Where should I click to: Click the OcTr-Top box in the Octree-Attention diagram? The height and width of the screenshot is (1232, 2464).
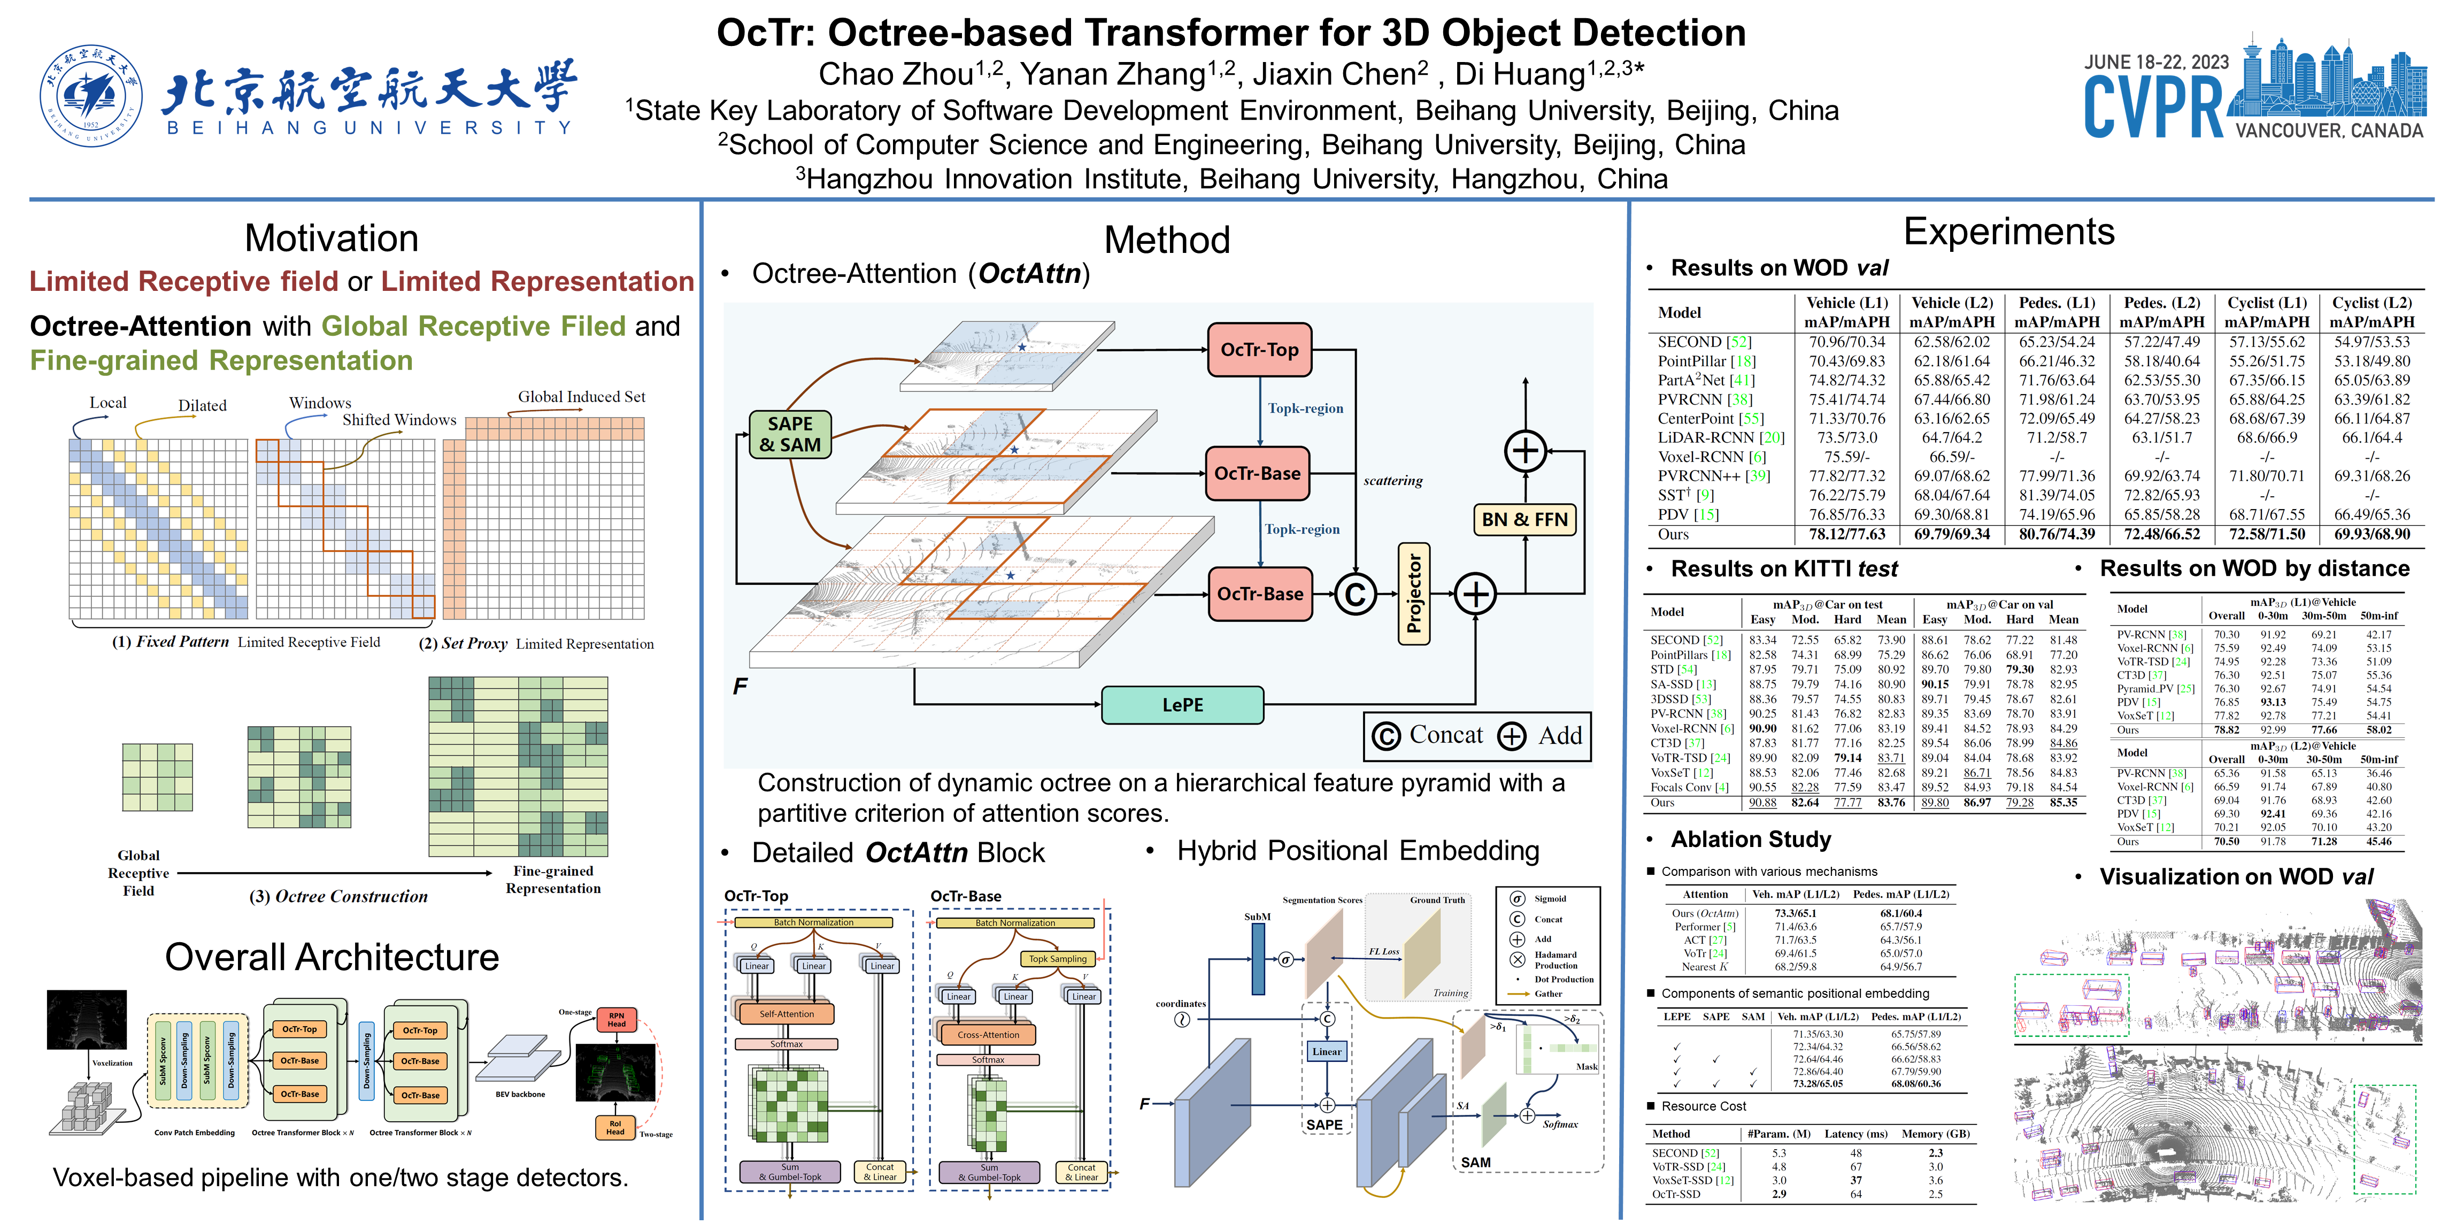click(1259, 350)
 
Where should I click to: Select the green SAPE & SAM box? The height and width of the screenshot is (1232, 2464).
click(790, 434)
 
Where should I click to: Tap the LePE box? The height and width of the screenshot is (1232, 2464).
click(1182, 705)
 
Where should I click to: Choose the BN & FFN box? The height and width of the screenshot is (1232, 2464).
click(1524, 519)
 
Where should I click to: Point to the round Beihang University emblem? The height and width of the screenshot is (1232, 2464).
click(91, 96)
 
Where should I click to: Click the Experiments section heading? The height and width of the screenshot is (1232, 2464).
click(2009, 233)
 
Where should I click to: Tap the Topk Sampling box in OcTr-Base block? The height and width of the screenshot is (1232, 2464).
click(1057, 958)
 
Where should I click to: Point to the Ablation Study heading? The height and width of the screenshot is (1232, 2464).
click(1751, 839)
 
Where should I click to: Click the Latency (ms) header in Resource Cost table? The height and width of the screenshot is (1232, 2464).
click(1855, 1134)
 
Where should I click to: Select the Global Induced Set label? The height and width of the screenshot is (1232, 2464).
click(582, 397)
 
